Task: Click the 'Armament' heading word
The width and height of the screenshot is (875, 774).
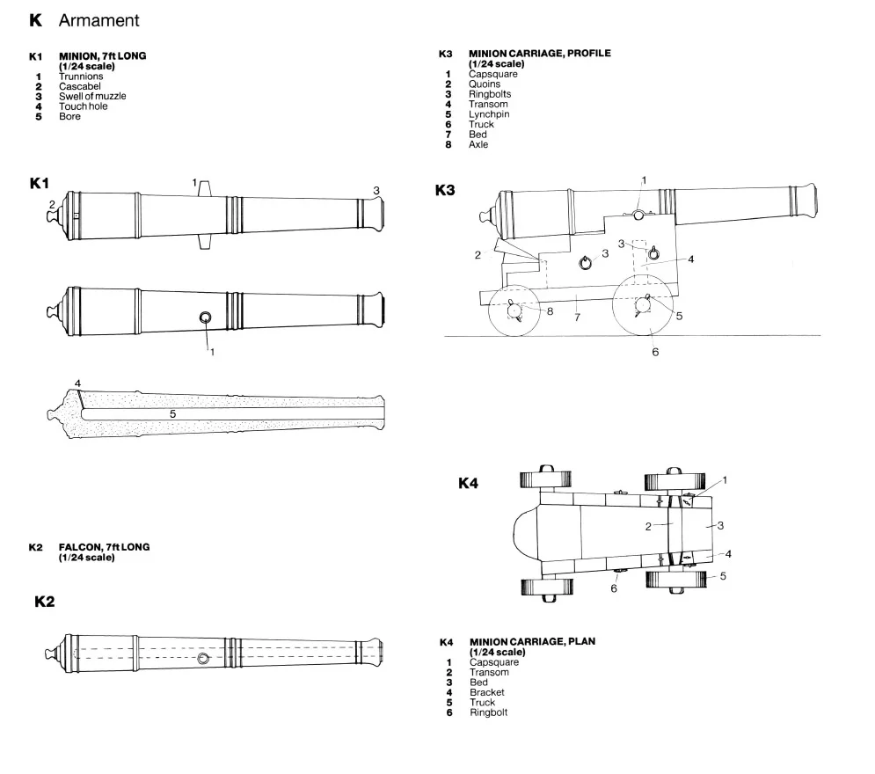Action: point(98,20)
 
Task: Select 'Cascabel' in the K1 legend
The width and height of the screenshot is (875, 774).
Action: point(79,86)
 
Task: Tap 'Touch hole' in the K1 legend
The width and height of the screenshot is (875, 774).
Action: point(84,106)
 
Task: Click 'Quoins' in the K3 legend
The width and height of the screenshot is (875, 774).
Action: point(484,84)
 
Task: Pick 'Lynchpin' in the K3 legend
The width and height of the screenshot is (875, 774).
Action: point(488,114)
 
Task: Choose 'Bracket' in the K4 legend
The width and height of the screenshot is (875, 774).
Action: point(486,692)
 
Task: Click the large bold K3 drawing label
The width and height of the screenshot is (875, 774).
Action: point(446,189)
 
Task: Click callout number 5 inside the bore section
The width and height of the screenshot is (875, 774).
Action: point(173,413)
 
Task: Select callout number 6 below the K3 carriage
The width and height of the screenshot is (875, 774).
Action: point(654,352)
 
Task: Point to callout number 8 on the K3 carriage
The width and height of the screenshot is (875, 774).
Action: point(550,310)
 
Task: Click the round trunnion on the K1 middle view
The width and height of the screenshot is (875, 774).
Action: point(206,318)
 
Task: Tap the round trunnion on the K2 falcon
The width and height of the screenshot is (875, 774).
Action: point(203,659)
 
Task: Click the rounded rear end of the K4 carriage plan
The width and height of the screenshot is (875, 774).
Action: point(525,533)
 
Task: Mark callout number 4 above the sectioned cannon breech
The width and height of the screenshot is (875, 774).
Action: point(77,383)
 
